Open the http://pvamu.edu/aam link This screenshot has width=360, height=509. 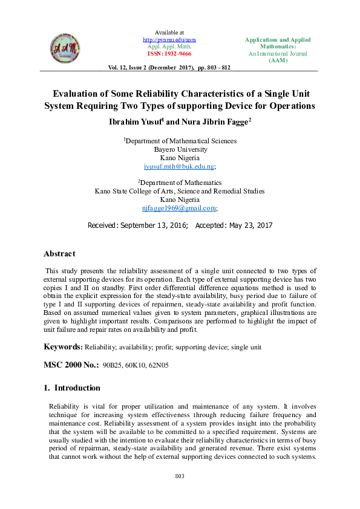coord(169,39)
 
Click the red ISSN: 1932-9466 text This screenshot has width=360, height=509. coord(169,53)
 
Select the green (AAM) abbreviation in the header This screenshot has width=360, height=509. coord(278,60)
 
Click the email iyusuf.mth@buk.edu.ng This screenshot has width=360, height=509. coord(179,166)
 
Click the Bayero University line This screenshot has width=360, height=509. coord(180,149)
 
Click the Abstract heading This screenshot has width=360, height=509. coord(59,254)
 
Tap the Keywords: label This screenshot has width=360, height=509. coord(63,347)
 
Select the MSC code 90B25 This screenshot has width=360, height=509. coord(113,366)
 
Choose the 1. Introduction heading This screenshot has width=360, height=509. coord(71,388)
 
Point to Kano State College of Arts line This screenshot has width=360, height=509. coord(180,191)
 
